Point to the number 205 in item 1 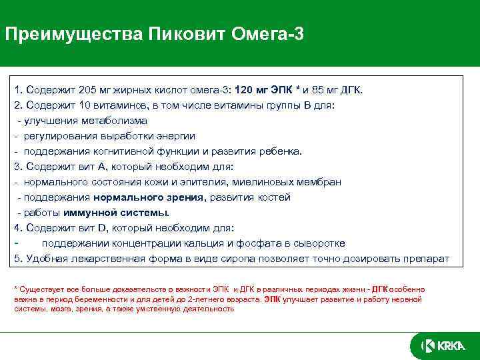point(87,90)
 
